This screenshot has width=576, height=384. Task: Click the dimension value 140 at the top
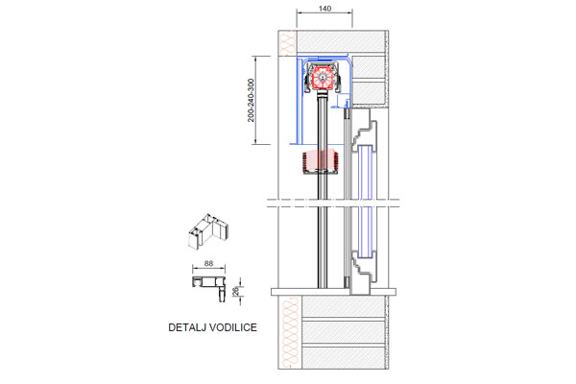point(324,9)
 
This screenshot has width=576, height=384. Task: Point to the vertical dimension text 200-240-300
point(251,100)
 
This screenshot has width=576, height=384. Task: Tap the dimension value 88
point(208,263)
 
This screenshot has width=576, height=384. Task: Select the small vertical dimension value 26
point(236,292)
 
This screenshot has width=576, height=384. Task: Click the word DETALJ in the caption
point(185,327)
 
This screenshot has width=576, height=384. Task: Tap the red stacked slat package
point(321,160)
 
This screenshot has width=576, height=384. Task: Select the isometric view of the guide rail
point(208,231)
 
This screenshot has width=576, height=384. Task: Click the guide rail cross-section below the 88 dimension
point(208,285)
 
